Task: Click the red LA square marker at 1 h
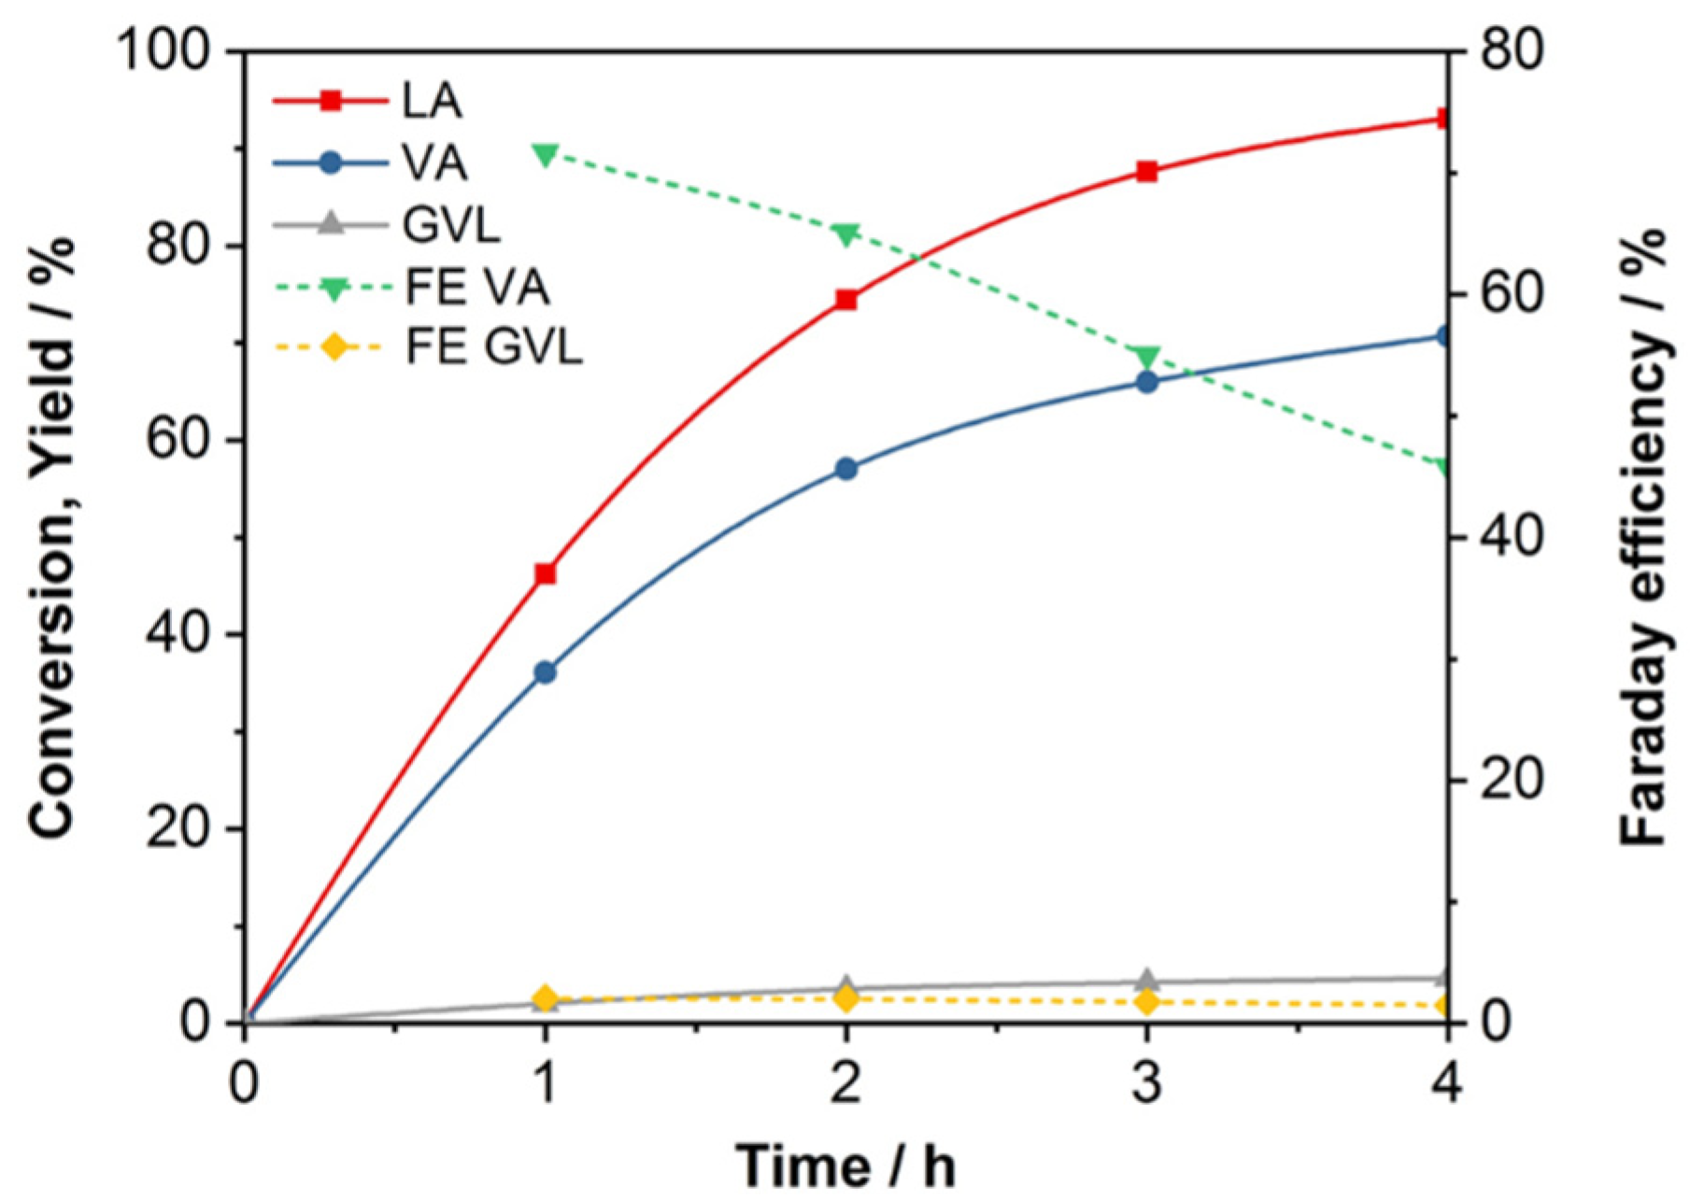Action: pos(546,573)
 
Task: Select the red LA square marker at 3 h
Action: pos(1147,171)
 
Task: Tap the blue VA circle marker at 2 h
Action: pos(846,469)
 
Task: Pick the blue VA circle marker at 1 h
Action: pos(546,672)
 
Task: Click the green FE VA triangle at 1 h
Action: pos(546,154)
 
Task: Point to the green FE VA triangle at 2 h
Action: pos(846,233)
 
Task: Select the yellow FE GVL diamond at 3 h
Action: pos(1147,1002)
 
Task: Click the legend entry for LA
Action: pos(432,101)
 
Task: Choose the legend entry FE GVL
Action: pos(493,347)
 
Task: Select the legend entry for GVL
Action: pos(451,225)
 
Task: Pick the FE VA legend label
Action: pos(476,287)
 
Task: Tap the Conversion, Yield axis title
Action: pos(51,536)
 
